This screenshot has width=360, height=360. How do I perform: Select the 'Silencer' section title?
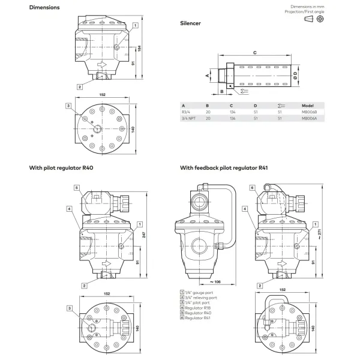coord(190,23)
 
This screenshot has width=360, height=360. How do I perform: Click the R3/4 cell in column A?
coord(185,112)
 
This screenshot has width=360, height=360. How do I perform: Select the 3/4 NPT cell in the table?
coord(187,119)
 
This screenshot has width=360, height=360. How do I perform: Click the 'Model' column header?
coord(307,104)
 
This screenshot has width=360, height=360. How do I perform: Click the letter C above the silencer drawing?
coord(255,53)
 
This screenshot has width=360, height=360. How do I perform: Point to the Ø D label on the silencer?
coord(296,75)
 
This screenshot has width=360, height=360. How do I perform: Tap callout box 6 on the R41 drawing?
coord(253,187)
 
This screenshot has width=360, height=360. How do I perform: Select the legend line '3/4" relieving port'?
coord(199,297)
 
